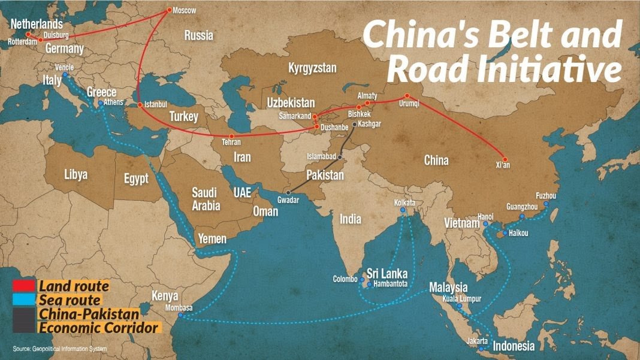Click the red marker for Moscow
coord(169,10)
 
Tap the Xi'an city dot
coord(505,159)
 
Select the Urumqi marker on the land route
coord(407,95)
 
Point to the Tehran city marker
coord(231,136)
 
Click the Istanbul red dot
coord(140,105)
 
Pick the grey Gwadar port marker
coord(288,192)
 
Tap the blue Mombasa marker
coord(180,315)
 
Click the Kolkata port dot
coord(403,210)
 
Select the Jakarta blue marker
coord(481,348)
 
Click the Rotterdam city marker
coord(28,34)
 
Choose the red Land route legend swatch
coord(23,287)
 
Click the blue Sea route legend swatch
coord(23,300)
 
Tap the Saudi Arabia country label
coord(206,199)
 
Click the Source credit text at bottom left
coord(59,348)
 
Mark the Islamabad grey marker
coord(340,157)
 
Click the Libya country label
coord(76,175)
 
